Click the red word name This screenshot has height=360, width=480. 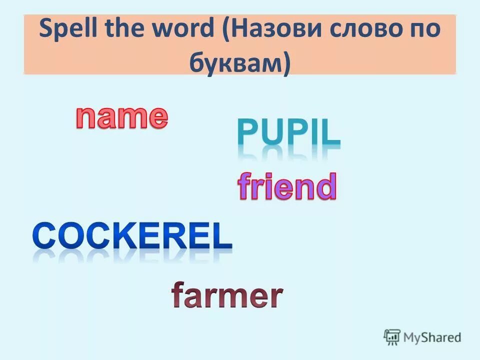point(121,117)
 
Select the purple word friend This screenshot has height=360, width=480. point(286,187)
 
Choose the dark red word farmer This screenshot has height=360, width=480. point(227,296)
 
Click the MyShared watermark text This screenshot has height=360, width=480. point(432,338)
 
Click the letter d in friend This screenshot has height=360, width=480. point(325,187)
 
